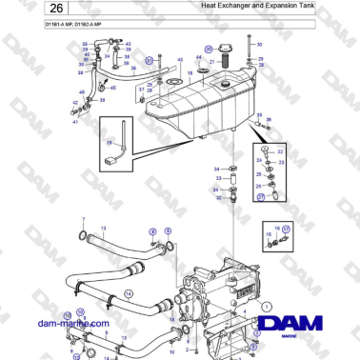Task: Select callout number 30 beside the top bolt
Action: click(x=260, y=44)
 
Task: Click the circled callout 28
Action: click(x=209, y=48)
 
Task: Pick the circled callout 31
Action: click(x=150, y=59)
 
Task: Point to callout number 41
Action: click(x=75, y=122)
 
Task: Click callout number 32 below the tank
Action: click(x=218, y=198)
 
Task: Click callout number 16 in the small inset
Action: click(x=276, y=229)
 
